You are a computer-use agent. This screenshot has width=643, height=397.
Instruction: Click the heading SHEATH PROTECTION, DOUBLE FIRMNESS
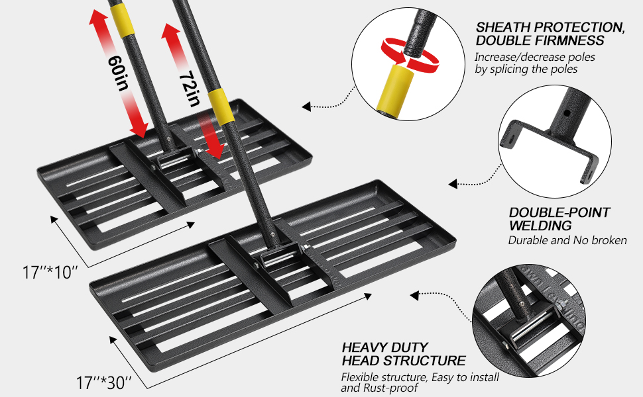[550, 34]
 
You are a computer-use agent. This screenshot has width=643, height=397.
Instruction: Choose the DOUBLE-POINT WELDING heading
[559, 220]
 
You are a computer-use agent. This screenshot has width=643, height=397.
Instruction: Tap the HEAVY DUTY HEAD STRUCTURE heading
[403, 354]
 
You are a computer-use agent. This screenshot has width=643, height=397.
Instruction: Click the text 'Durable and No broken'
[567, 240]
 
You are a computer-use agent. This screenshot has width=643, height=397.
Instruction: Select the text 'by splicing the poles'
[526, 69]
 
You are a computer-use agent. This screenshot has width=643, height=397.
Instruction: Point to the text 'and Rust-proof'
[379, 388]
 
